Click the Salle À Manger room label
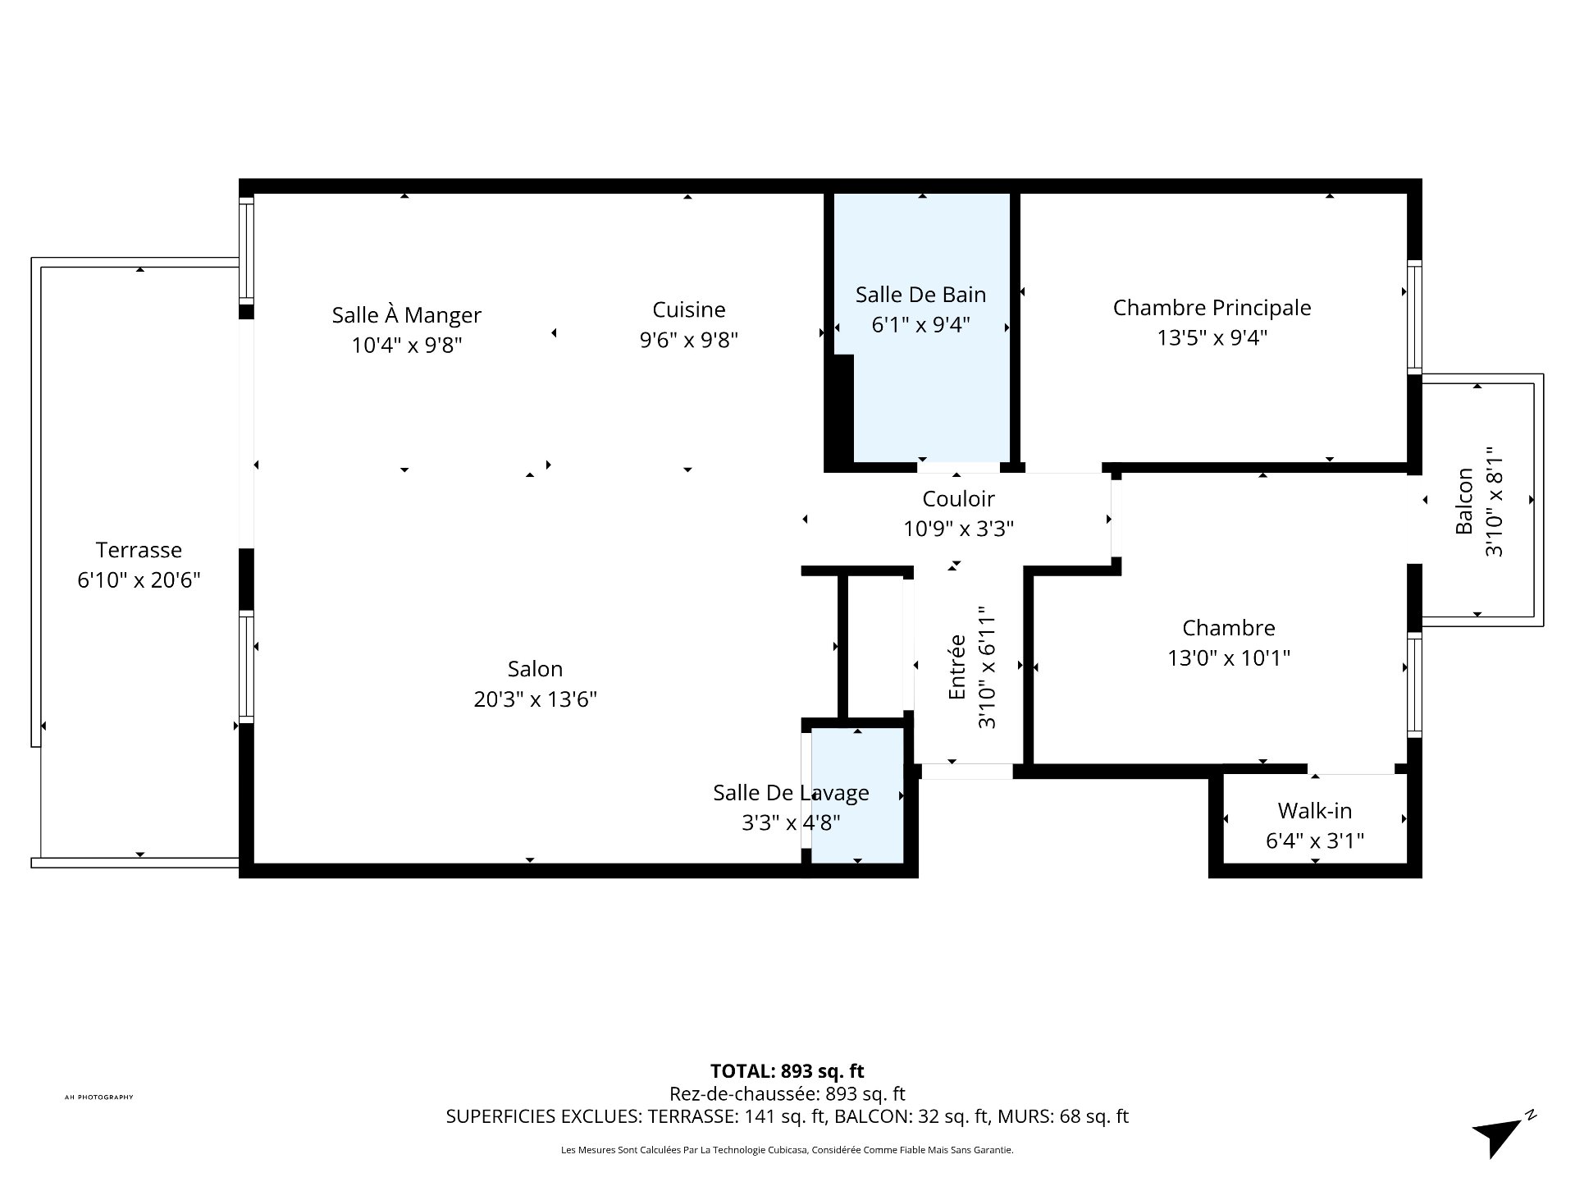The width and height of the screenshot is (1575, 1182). pos(406,315)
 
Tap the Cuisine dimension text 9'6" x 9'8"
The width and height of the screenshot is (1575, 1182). pos(689,340)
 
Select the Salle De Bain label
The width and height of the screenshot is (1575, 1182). pos(920,295)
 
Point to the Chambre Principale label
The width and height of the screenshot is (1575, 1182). pos(1212,308)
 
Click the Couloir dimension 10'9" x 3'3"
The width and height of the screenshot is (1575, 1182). pos(958,529)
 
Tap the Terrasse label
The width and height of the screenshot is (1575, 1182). pos(139,550)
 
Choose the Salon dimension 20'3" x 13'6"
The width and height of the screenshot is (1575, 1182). pos(535,699)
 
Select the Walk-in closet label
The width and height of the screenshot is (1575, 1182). pos(1314,811)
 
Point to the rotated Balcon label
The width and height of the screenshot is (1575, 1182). pos(1464,501)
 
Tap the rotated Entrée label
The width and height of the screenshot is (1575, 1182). pos(956,667)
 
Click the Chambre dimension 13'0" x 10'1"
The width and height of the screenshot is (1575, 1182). pos(1229,658)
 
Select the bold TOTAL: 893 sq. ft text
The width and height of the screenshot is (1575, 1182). pos(787,1071)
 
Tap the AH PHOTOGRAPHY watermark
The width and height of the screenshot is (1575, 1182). pos(98,1097)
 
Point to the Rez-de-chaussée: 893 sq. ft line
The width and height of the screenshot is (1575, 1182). pos(787,1093)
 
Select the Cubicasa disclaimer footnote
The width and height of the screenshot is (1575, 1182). pos(787,1150)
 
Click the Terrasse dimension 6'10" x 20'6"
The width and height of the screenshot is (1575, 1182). pos(139,580)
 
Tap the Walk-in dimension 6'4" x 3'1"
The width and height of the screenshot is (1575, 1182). pos(1315,841)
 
